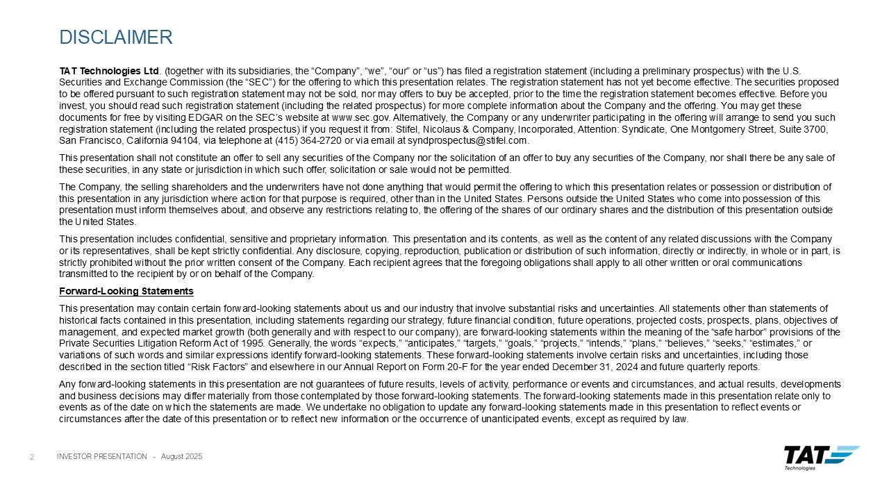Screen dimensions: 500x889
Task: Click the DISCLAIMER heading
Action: (116, 37)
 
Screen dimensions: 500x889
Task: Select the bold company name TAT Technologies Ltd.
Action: (110, 71)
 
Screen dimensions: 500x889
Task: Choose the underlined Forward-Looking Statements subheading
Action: (126, 291)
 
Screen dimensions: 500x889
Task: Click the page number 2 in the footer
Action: (32, 456)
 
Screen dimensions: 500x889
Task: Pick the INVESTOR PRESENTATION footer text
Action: (101, 456)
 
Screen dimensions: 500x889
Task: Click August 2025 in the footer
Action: (181, 456)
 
